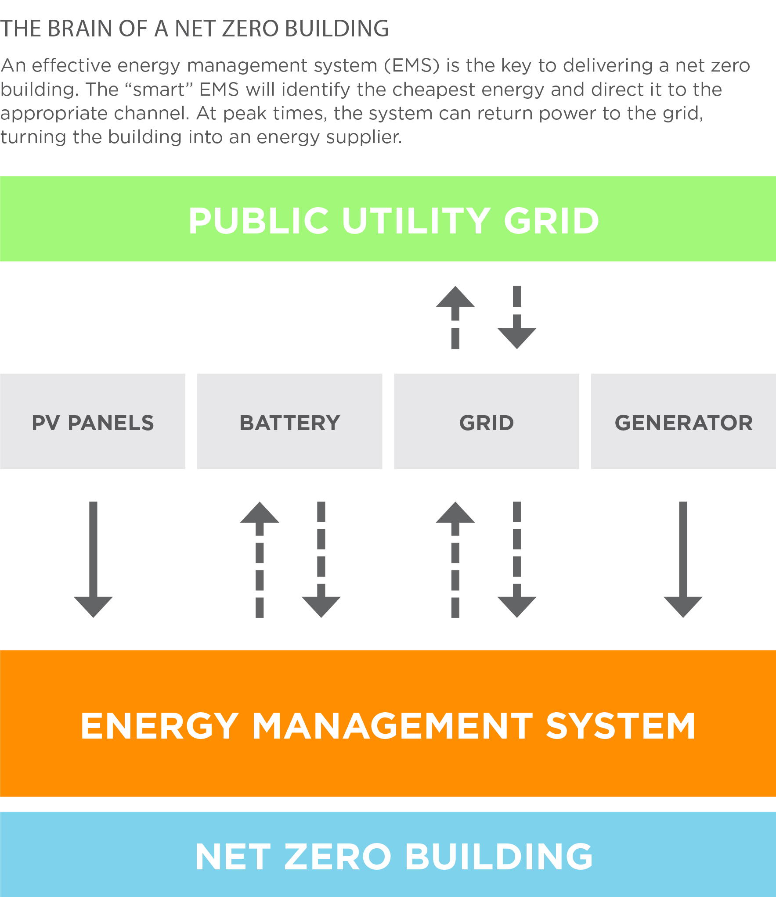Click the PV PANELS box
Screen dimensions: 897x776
click(x=93, y=422)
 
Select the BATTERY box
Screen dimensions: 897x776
click(x=289, y=422)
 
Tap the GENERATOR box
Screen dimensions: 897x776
click(x=683, y=422)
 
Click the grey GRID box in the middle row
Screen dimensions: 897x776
click(x=486, y=422)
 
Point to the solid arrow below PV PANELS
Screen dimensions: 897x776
click(x=93, y=560)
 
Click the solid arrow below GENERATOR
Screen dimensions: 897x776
click(x=683, y=560)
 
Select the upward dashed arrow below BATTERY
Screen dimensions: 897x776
click(x=260, y=560)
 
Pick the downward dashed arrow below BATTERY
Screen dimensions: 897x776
click(x=321, y=560)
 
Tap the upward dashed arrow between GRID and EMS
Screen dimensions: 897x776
click(x=455, y=560)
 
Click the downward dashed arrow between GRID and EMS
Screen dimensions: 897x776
click(x=517, y=560)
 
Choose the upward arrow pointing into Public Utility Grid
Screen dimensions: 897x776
click(x=455, y=317)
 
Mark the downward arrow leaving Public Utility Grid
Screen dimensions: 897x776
click(x=517, y=317)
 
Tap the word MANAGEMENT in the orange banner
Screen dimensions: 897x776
click(x=392, y=726)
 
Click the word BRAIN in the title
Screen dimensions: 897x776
click(x=80, y=29)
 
